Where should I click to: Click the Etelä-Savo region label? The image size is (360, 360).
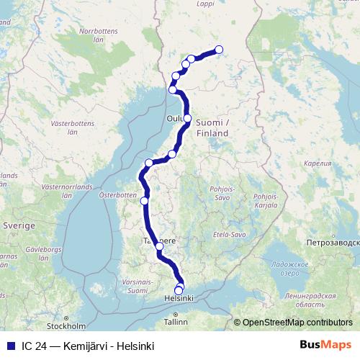pos(230,235)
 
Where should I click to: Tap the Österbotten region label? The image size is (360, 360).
pos(117,194)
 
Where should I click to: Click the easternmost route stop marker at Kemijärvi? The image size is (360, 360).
pos(219,50)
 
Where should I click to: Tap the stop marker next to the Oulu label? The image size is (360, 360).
pos(187,118)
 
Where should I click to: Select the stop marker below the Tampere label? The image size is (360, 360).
pos(160,247)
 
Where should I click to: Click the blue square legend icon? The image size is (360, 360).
pos(9,346)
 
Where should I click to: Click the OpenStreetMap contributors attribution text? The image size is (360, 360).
pos(297,323)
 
